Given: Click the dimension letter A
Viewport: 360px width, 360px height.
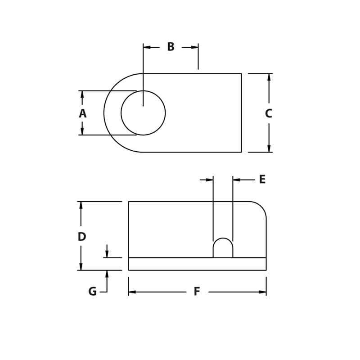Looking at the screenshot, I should pos(82,113).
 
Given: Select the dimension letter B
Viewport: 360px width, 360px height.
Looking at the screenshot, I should pos(171,47).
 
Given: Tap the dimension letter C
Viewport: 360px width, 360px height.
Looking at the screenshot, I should pos(269,114).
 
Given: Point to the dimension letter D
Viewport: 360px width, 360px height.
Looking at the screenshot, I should pos(81,237).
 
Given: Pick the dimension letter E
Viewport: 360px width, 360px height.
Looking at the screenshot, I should pos(262,180).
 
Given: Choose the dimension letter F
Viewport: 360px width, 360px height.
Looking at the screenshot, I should pos(197,292).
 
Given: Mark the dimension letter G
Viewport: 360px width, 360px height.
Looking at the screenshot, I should pos(92,292).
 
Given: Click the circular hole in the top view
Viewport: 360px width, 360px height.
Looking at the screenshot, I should pos(143,113).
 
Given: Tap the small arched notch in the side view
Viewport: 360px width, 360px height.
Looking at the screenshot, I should pos(223,248).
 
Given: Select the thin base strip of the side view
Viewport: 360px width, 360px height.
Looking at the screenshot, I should pos(197,264).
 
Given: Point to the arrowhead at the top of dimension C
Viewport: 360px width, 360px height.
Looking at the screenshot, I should pos(269,77).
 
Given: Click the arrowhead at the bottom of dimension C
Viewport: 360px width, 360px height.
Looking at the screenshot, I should pos(269,148).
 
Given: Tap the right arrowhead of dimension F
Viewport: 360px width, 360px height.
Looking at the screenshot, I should pos(262,292).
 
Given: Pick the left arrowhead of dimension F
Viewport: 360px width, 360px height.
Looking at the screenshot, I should pos(132,292).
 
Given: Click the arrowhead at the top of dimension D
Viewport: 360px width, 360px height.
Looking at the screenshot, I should pos(81,205).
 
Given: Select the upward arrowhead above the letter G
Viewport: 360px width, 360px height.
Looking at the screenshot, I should pos(107,274).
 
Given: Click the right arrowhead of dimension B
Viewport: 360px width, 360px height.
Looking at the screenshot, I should pos(194,47).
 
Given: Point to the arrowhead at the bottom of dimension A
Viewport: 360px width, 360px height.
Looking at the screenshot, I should pos(82,131).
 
